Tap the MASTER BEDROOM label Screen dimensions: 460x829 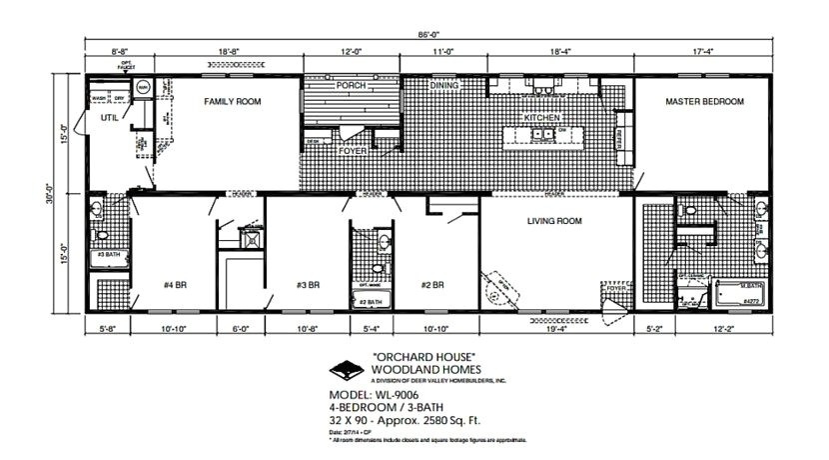[704, 102]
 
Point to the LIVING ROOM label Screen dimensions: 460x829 [554, 220]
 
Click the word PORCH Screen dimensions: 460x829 [351, 86]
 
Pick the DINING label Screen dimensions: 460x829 [444, 86]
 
